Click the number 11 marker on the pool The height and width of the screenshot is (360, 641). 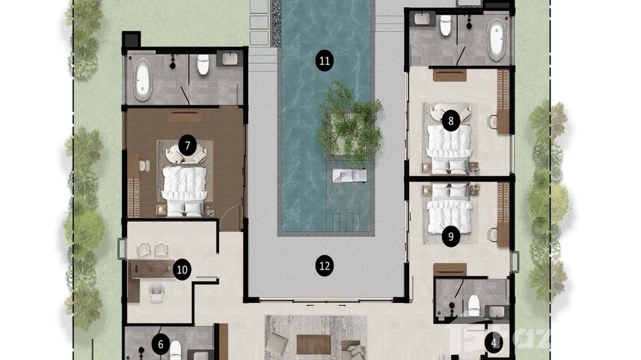pyautogui.click(x=325, y=61)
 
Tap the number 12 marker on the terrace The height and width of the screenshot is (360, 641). pyautogui.click(x=325, y=265)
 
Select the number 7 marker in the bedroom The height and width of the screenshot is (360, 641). pyautogui.click(x=187, y=145)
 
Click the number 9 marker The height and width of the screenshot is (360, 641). pyautogui.click(x=451, y=236)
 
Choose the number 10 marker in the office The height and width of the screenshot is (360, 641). pyautogui.click(x=182, y=270)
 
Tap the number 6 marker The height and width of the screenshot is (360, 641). pyautogui.click(x=160, y=344)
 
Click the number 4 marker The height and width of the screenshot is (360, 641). pyautogui.click(x=494, y=342)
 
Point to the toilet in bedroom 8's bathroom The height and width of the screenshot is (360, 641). pyautogui.click(x=445, y=26)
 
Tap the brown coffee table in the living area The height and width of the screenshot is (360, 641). pyautogui.click(x=313, y=344)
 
